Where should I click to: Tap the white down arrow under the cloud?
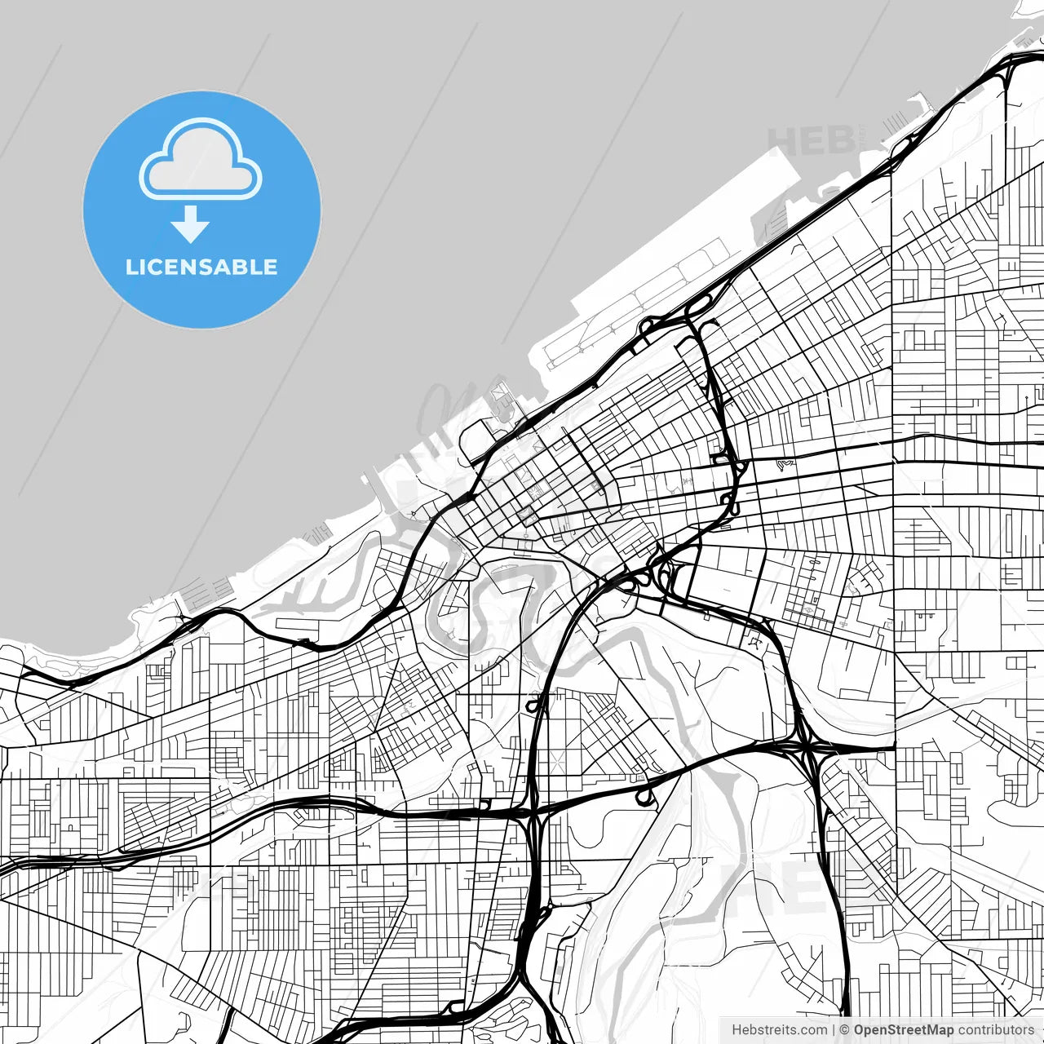[x=190, y=223]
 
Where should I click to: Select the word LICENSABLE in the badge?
[x=201, y=267]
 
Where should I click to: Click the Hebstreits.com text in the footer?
[x=779, y=1030]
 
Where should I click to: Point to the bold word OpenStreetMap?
[x=903, y=1030]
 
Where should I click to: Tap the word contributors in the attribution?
[x=996, y=1030]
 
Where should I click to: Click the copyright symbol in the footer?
[x=844, y=1030]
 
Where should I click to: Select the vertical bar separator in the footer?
[x=833, y=1030]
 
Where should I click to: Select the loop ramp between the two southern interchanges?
[x=644, y=795]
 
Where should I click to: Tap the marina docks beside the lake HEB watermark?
[x=897, y=122]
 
